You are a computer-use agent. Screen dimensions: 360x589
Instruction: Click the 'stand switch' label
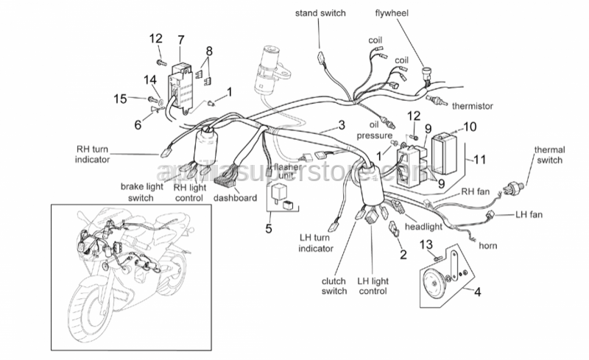click(x=320, y=13)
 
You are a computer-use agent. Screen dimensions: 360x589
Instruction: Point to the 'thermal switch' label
click(x=549, y=155)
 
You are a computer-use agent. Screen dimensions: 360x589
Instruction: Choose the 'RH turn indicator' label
click(x=93, y=153)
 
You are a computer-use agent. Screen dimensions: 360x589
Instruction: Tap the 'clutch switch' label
click(x=334, y=286)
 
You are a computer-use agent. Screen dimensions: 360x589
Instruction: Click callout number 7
click(x=180, y=38)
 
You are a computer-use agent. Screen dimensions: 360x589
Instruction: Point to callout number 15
click(x=121, y=98)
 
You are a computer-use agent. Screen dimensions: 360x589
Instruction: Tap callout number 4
click(x=477, y=292)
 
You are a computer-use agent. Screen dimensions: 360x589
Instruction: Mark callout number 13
click(x=426, y=244)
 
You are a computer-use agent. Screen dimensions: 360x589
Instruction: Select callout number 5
click(x=269, y=228)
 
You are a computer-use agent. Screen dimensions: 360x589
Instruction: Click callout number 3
click(x=342, y=125)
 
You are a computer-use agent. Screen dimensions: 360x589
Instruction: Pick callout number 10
click(x=470, y=126)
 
